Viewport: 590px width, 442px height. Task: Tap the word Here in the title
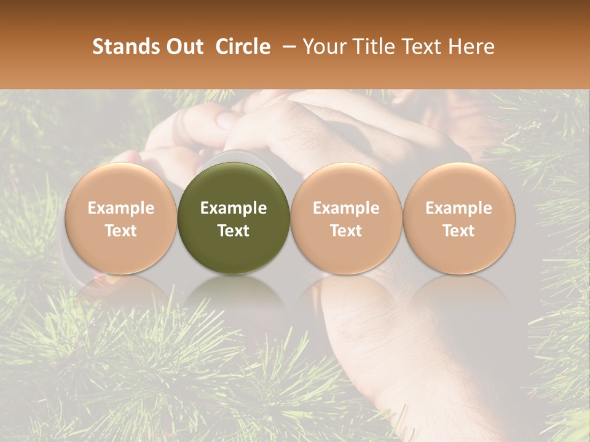pyautogui.click(x=471, y=47)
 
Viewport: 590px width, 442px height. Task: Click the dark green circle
pyautogui.click(x=234, y=219)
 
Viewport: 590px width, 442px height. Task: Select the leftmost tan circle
pyautogui.click(x=121, y=219)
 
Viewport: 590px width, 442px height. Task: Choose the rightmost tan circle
pyautogui.click(x=458, y=219)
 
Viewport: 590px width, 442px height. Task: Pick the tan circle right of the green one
pyautogui.click(x=346, y=219)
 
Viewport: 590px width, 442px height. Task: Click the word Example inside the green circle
pyautogui.click(x=234, y=208)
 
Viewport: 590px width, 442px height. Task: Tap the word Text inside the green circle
pyautogui.click(x=234, y=230)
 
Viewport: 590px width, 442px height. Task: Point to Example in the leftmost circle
pyautogui.click(x=121, y=208)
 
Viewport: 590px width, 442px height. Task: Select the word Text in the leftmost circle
pyautogui.click(x=121, y=230)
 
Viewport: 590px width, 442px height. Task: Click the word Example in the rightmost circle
pyautogui.click(x=458, y=208)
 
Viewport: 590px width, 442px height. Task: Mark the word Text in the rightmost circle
pyautogui.click(x=458, y=230)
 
